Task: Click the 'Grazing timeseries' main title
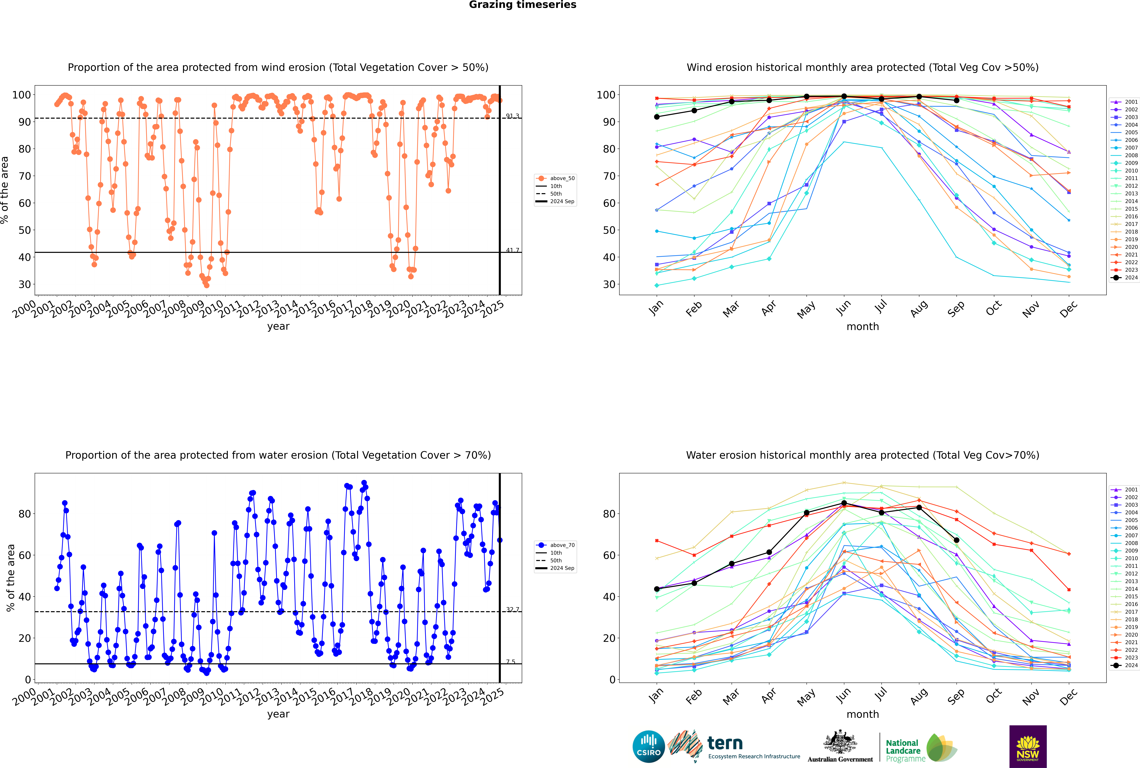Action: (523, 5)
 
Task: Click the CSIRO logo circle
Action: (648, 746)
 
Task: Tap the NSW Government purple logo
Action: (1028, 746)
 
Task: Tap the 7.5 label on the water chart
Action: (511, 662)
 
